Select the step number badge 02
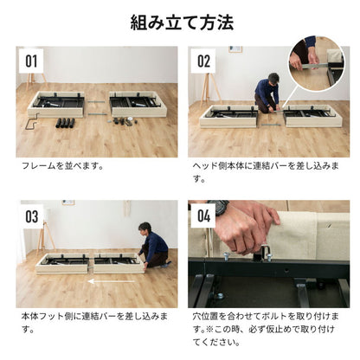(203, 61)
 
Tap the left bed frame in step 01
(56, 105)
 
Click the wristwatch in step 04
(219, 209)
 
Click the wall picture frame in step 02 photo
(234, 50)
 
